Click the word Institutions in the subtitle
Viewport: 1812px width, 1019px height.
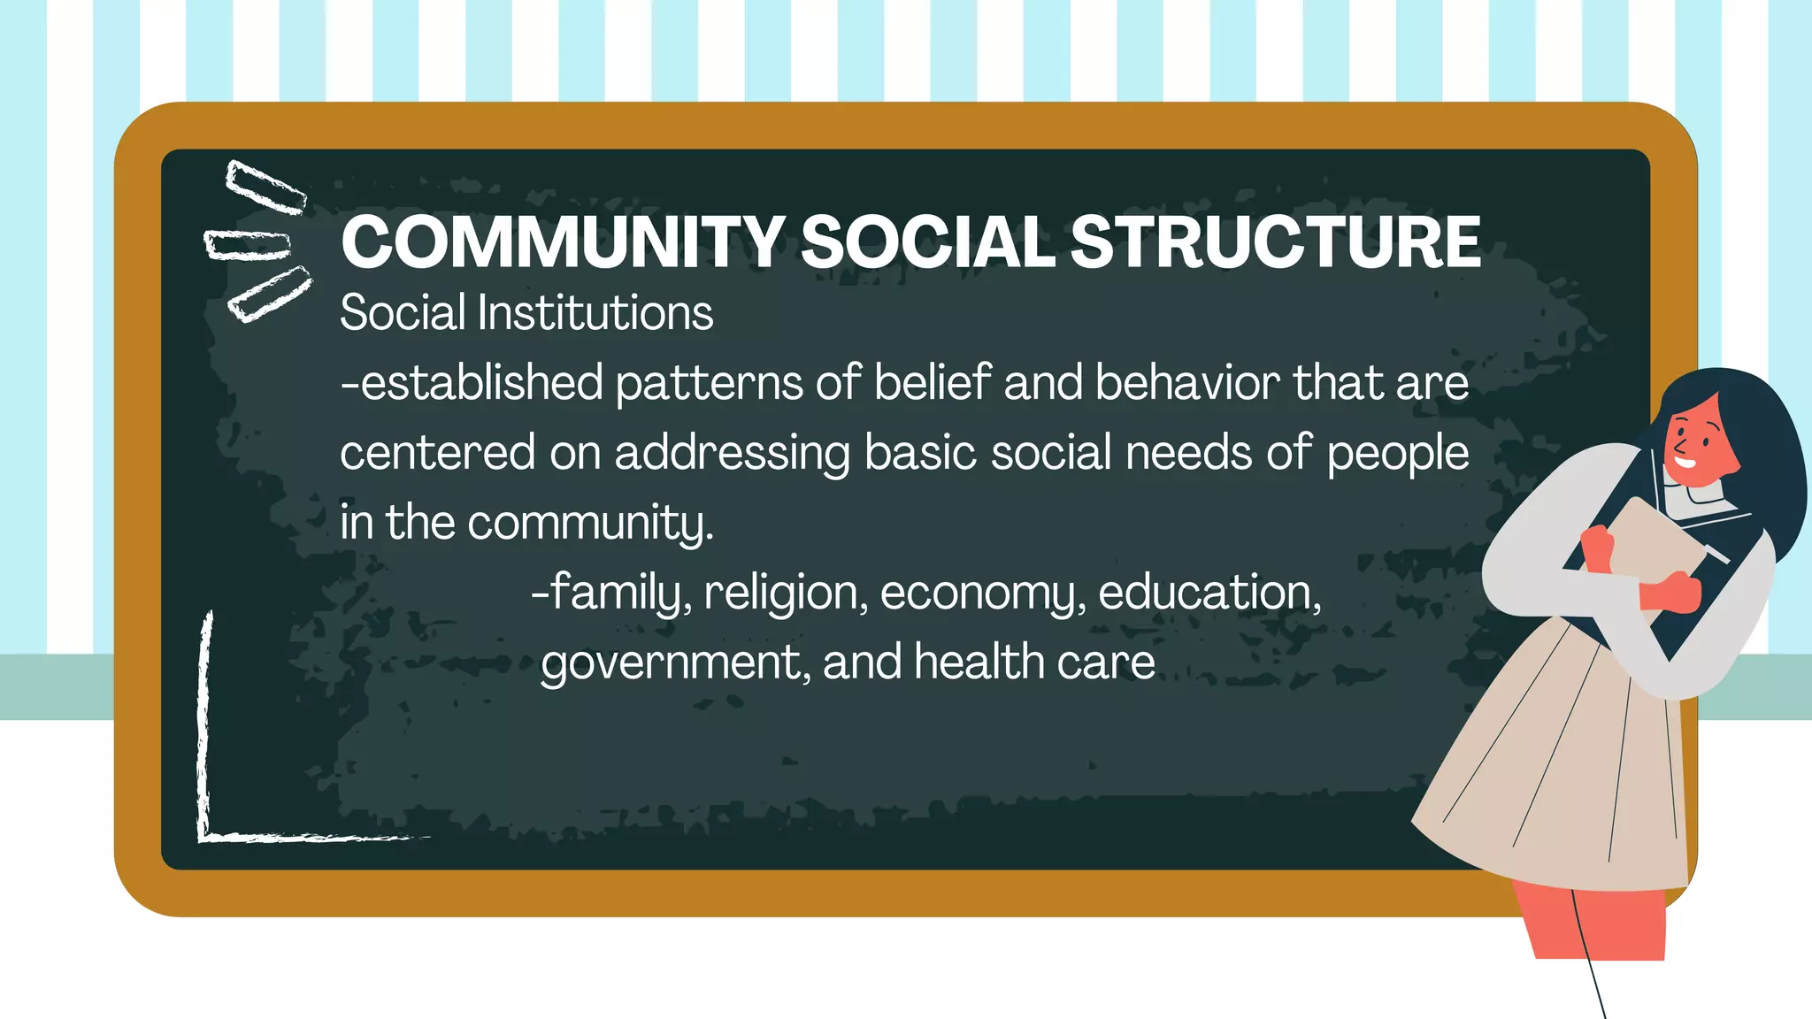click(595, 313)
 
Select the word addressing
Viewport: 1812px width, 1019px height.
click(732, 454)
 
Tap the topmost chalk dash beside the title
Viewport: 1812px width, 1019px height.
click(265, 187)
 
